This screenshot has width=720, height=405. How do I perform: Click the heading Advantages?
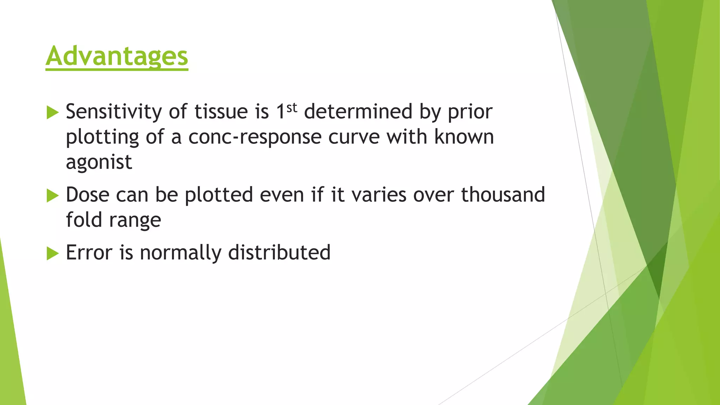[117, 56]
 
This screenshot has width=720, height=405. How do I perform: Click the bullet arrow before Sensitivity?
[52, 113]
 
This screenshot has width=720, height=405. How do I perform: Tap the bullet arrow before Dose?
[52, 195]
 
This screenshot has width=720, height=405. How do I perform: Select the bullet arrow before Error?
[52, 253]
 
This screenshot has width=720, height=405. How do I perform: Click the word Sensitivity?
[114, 112]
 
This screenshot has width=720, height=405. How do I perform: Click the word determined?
[358, 112]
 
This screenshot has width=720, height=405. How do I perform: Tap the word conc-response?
[255, 137]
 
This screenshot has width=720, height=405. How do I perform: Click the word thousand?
[503, 195]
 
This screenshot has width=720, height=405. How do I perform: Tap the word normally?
[180, 253]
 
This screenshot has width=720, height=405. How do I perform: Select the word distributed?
[279, 252]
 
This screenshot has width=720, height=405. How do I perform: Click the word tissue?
[221, 112]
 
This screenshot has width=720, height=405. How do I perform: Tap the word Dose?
[89, 195]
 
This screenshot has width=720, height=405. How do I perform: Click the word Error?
[89, 253]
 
